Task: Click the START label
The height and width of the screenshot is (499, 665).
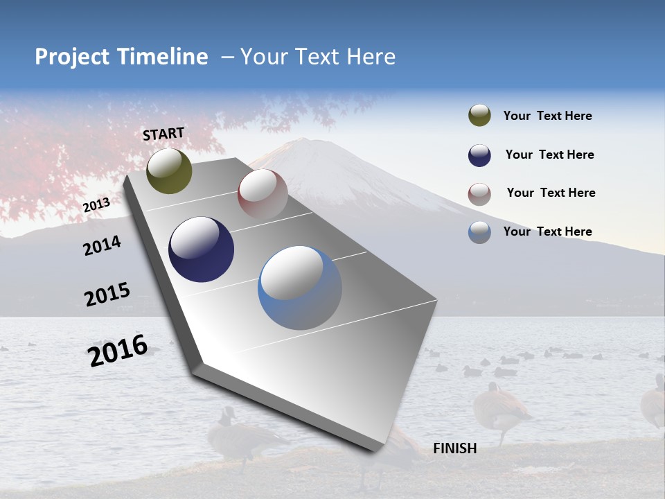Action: [x=163, y=134]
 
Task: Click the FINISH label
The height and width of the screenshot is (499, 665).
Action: [x=455, y=448]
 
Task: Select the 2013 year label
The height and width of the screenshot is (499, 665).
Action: [x=96, y=204]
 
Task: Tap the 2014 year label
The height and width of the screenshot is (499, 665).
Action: [x=102, y=245]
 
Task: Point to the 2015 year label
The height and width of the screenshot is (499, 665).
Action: [x=107, y=294]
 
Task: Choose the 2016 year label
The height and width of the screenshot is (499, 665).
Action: [x=118, y=350]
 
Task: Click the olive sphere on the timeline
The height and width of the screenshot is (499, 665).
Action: [x=169, y=170]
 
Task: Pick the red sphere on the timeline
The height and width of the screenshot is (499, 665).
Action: [x=263, y=194]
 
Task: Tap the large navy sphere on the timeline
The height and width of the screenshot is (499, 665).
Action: [x=201, y=249]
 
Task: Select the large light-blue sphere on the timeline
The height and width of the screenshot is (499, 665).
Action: [x=300, y=288]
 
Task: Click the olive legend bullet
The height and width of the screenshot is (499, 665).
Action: [x=479, y=116]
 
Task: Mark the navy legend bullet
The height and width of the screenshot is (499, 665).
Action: [x=479, y=155]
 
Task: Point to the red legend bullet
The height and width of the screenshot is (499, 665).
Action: [x=479, y=193]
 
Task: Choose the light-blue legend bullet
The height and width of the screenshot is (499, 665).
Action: [x=479, y=232]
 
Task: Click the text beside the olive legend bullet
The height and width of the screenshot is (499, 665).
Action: [x=547, y=116]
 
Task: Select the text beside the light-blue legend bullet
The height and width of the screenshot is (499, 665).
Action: [x=547, y=231]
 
